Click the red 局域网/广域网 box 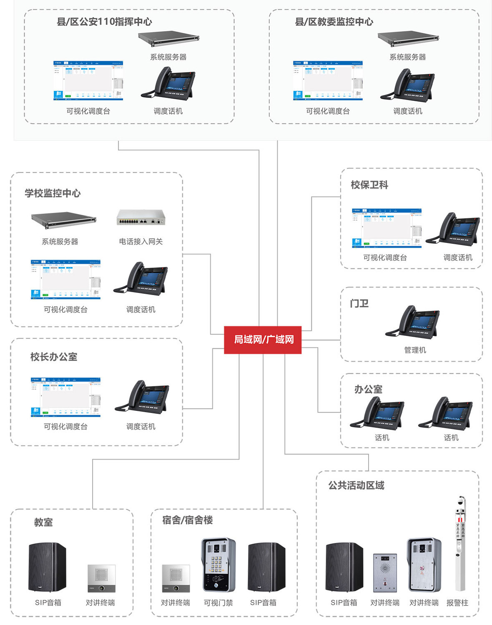263,340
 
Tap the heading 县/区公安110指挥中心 104,22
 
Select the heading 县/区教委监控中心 334,22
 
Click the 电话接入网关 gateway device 141,217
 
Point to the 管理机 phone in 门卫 412,322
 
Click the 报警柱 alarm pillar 460,544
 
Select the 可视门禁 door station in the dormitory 218,565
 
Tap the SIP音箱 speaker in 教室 47,567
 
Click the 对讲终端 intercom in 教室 101,578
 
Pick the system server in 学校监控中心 63,220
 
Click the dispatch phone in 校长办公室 142,397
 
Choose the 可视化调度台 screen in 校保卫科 387,228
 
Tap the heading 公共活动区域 356,485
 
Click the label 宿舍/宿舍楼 188,520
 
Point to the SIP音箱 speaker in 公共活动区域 344,567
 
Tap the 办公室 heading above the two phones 368,389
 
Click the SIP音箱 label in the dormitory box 263,602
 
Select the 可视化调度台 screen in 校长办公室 65,397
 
